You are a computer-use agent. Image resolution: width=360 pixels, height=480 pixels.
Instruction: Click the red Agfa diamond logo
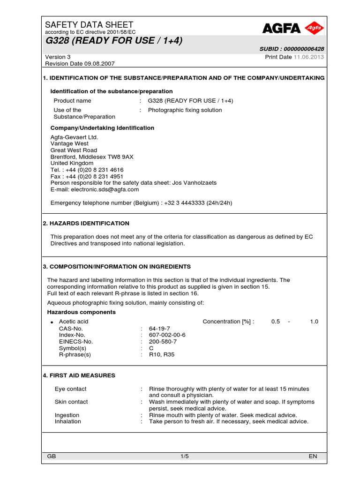[x=314, y=29]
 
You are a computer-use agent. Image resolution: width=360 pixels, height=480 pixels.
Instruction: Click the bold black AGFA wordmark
[x=281, y=29]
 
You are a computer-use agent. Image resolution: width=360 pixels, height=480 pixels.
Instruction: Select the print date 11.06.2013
[x=308, y=57]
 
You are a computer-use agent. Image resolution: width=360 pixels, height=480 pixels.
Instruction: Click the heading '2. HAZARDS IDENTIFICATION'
[x=86, y=224]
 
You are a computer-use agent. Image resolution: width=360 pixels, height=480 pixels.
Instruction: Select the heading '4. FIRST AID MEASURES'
[x=79, y=375]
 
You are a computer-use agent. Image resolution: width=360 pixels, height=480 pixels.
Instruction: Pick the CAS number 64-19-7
[x=159, y=328]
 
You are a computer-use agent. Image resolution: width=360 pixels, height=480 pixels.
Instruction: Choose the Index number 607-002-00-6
[x=167, y=335]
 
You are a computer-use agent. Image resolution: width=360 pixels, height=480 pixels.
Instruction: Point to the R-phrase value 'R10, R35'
[x=161, y=355]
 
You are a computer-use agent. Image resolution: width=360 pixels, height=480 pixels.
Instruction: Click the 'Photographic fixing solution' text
[x=185, y=110]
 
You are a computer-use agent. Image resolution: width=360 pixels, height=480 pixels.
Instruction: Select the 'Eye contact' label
[x=70, y=389]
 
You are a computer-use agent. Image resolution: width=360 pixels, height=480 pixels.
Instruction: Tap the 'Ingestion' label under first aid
[x=67, y=415]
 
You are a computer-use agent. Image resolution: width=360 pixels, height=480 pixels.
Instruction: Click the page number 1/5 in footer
[x=184, y=456]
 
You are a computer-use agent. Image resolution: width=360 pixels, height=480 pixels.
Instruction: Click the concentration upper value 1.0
[x=314, y=322]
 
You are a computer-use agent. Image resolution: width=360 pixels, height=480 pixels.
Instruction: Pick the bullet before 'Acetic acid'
[x=52, y=322]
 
